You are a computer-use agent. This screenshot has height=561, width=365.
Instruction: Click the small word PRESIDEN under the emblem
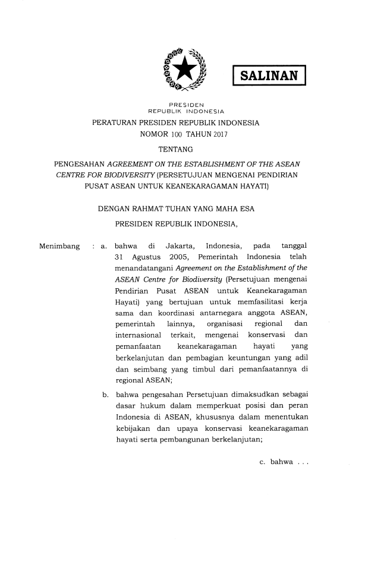point(182,103)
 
